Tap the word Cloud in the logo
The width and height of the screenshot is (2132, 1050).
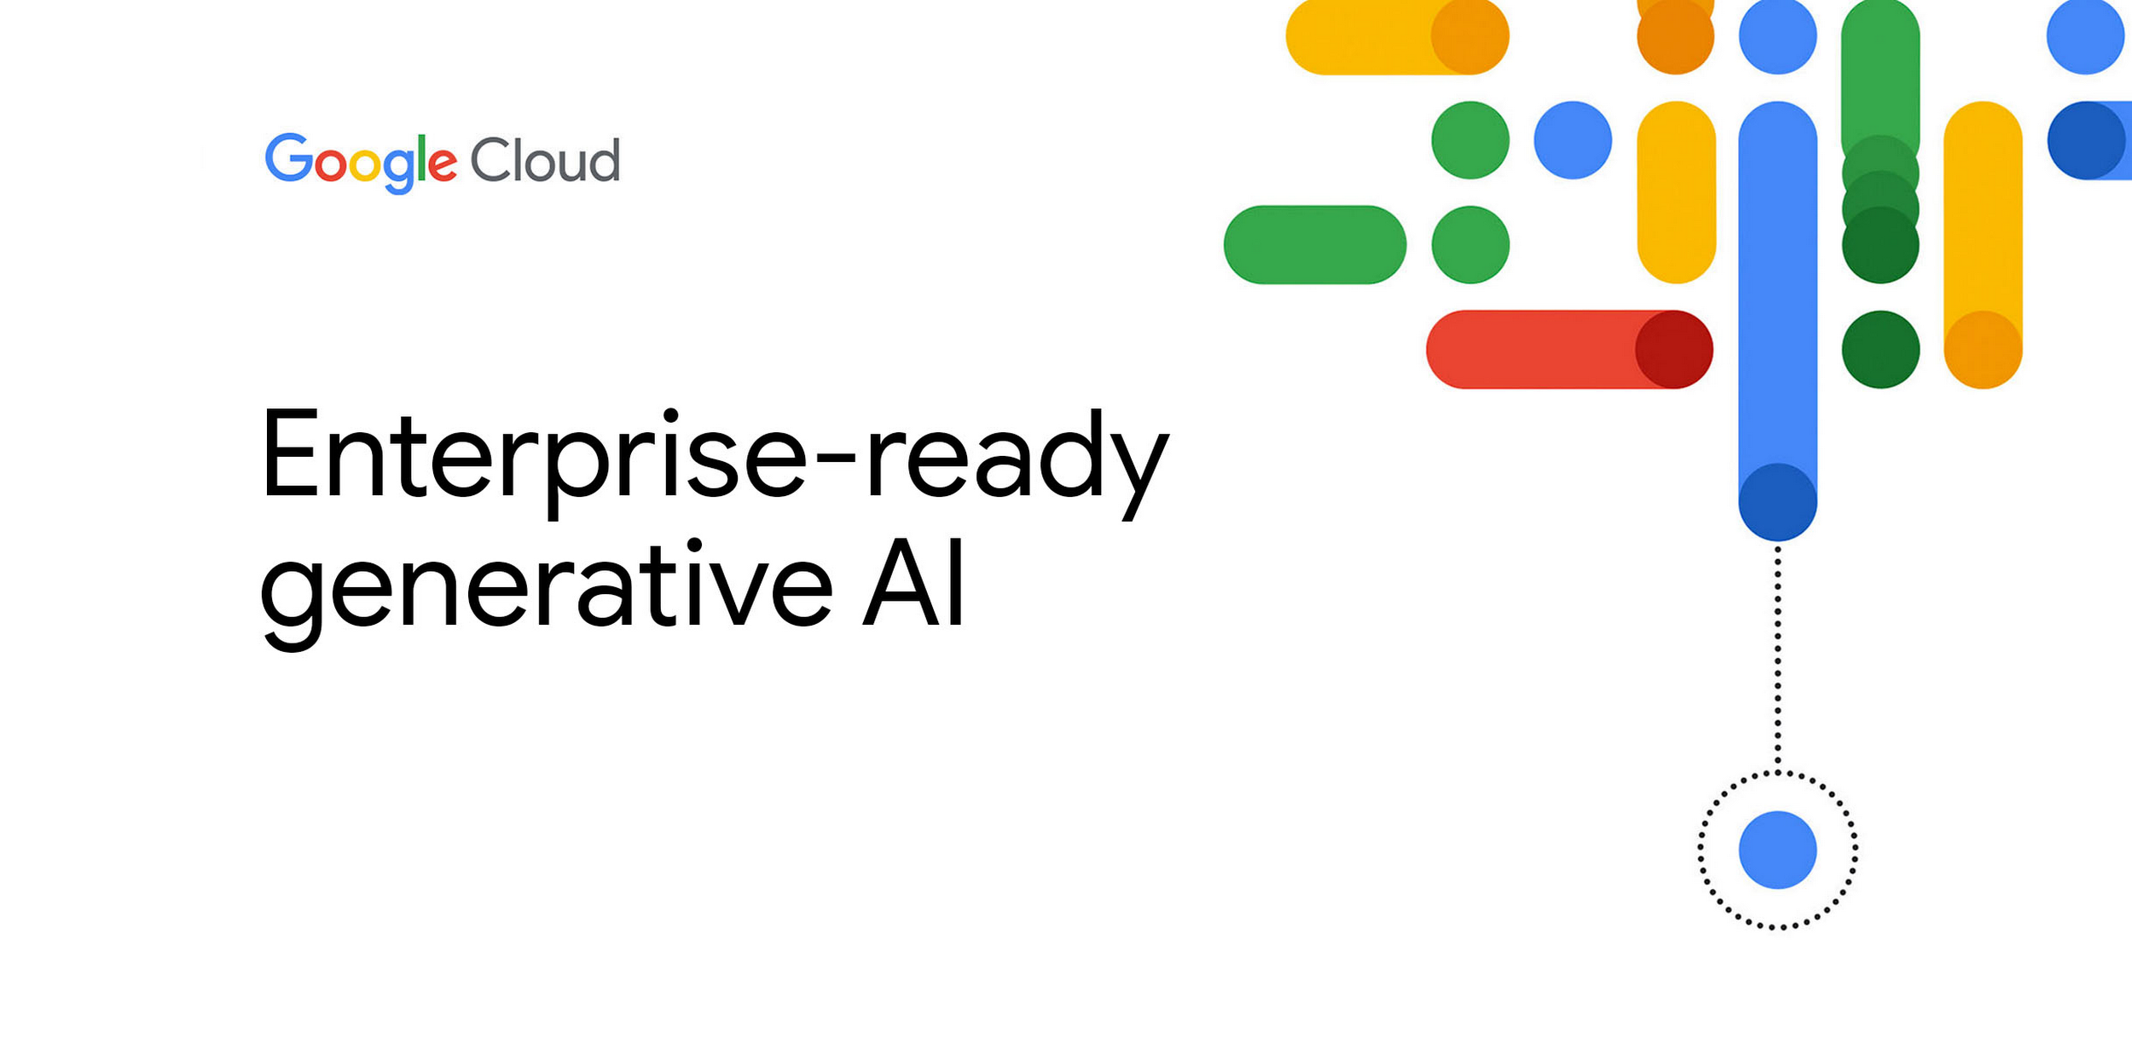click(544, 160)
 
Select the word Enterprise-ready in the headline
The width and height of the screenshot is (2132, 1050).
click(715, 460)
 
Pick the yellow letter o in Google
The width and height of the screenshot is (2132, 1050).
click(364, 165)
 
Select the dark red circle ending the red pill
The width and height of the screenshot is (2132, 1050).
click(1673, 349)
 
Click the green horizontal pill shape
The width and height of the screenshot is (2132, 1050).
click(1314, 245)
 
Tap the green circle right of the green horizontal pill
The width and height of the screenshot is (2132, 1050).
click(1470, 245)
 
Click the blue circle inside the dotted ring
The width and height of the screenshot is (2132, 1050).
click(1777, 850)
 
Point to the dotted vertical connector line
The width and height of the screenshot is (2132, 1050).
click(1777, 656)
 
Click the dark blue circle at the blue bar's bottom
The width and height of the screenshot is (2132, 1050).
click(1777, 501)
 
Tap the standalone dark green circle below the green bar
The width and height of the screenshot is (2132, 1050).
click(1880, 349)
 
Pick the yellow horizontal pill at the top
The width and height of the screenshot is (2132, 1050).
click(1364, 36)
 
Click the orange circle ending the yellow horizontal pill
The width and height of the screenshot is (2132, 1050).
click(1470, 36)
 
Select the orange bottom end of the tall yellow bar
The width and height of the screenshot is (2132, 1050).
click(1983, 349)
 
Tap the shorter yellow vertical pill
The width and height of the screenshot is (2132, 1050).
click(1676, 192)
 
